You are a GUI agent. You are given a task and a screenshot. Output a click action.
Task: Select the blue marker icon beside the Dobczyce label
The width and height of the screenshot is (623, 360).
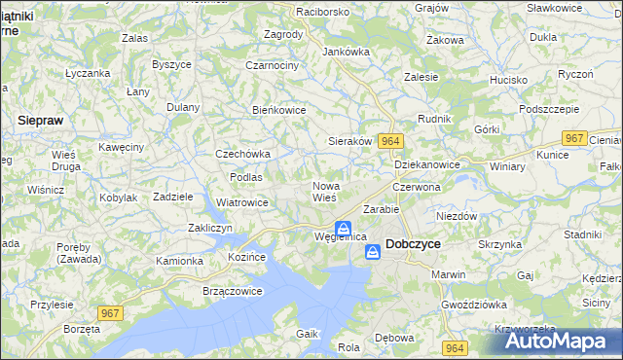(373, 252)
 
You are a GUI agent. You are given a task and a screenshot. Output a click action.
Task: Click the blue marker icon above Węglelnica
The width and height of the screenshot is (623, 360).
(343, 228)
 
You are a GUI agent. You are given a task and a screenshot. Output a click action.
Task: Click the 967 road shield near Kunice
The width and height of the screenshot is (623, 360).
(575, 139)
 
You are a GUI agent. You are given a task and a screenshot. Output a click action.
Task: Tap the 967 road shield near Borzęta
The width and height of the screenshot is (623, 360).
(110, 312)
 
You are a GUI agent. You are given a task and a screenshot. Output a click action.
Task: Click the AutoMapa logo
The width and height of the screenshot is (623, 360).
(558, 342)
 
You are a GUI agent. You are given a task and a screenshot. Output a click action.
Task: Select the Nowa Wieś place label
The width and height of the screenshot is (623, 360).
(325, 192)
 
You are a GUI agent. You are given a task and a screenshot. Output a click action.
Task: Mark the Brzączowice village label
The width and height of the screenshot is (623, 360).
(205, 291)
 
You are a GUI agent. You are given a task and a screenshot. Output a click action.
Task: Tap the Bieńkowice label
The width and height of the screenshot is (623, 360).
(279, 110)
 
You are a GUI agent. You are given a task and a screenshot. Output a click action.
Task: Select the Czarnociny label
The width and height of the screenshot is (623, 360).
(272, 65)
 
